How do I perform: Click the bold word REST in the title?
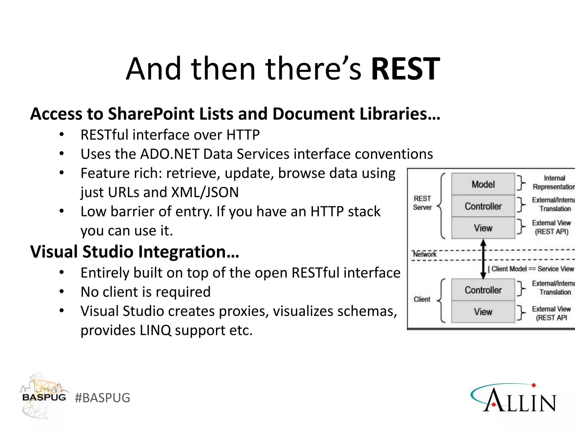[405, 69]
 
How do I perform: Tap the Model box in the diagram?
[483, 184]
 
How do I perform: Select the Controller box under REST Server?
[483, 206]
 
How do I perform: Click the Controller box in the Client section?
[483, 290]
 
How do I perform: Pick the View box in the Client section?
[483, 312]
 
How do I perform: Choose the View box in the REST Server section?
[483, 228]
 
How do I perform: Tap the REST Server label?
[422, 203]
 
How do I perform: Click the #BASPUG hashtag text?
[102, 398]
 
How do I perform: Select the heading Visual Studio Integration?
[134, 252]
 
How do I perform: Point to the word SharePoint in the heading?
[151, 114]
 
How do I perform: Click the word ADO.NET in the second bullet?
[170, 154]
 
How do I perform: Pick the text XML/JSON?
[205, 192]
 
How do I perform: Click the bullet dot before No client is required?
[62, 292]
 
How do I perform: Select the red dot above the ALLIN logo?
[534, 385]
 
